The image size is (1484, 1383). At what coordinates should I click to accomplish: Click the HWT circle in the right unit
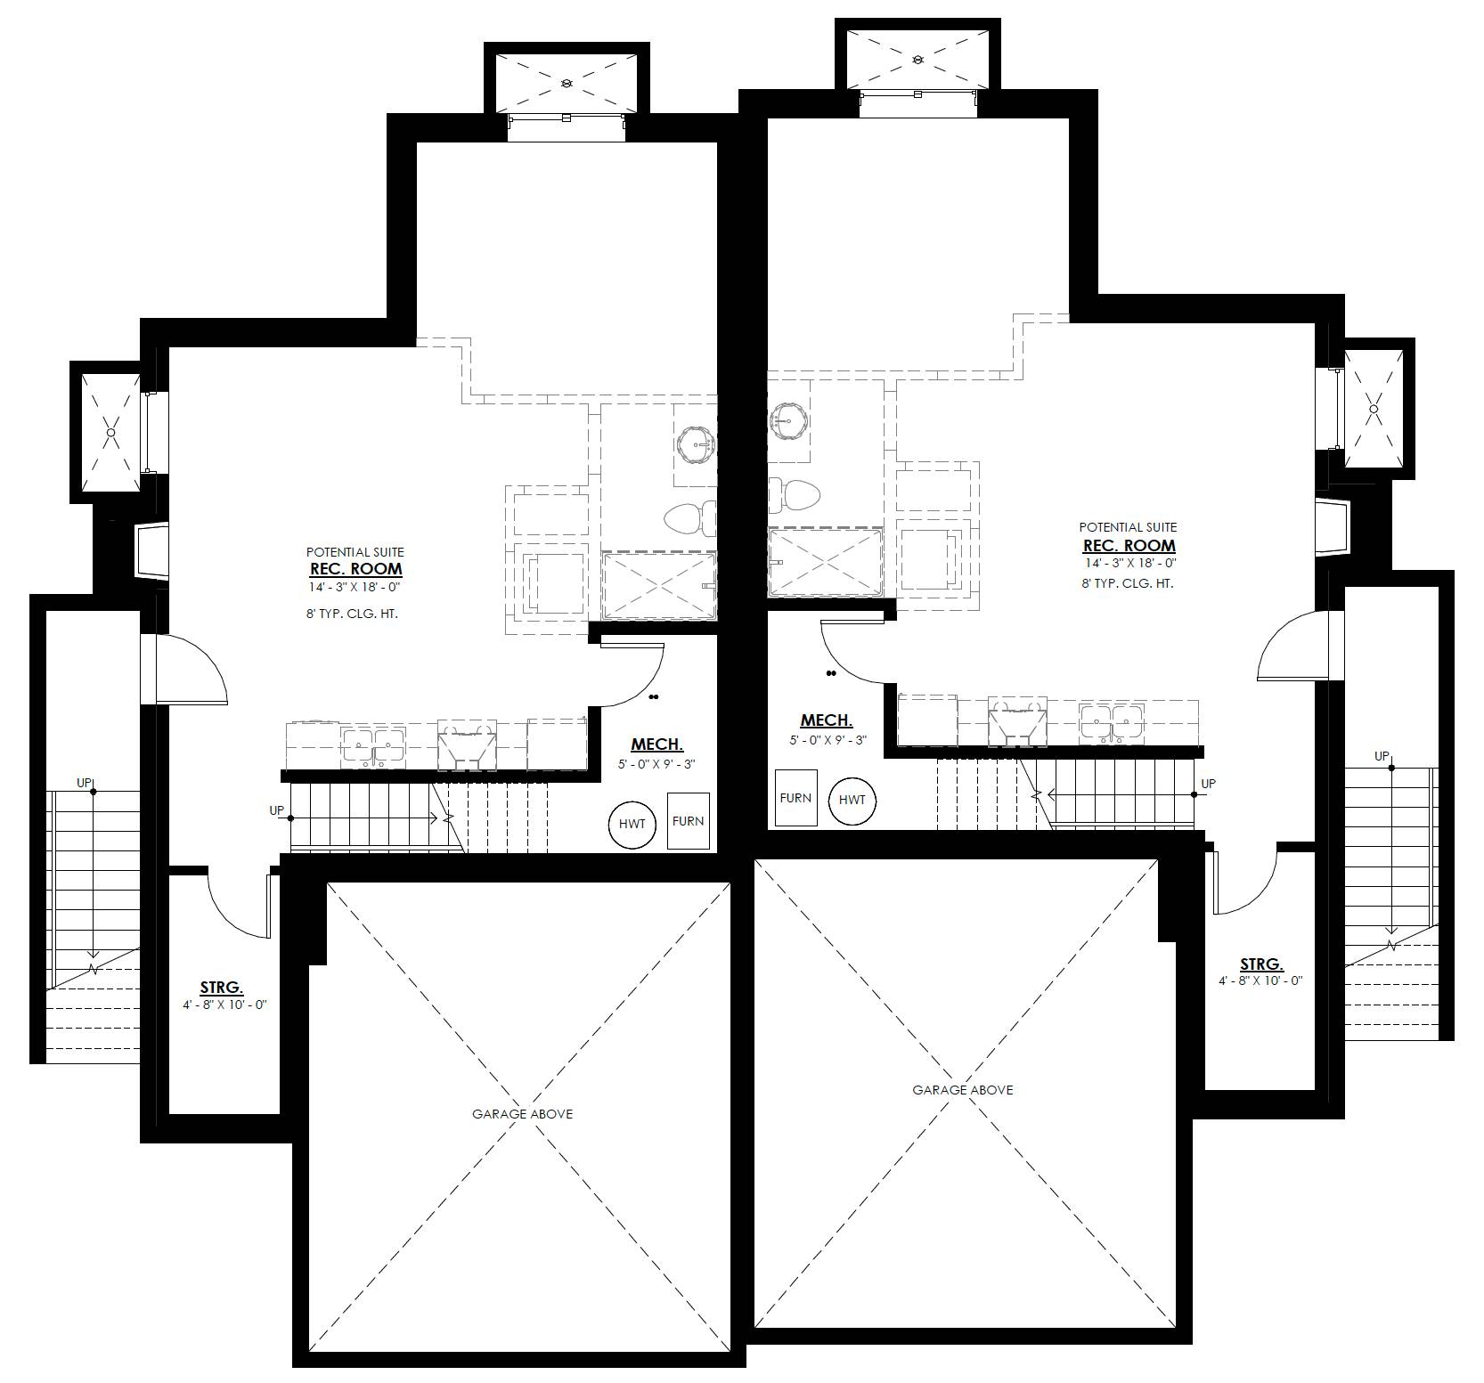pos(852,800)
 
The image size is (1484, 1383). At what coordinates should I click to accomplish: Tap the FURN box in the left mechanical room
pos(689,820)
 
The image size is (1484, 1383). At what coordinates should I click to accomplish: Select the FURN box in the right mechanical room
pos(796,797)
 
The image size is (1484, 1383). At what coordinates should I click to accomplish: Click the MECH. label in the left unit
pos(657,744)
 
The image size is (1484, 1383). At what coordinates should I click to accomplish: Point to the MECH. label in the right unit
pos(827,720)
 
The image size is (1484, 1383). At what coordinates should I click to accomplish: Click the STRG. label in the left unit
pos(222,987)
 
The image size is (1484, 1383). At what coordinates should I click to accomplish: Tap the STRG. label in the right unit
pos(1262,964)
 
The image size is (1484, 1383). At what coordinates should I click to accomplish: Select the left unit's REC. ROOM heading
pos(355,568)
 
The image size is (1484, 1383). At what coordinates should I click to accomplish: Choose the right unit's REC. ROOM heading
pos(1129,545)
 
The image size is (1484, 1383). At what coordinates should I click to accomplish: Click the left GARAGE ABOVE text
pos(523,1113)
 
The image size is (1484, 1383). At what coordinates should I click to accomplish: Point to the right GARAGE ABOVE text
pos(963,1089)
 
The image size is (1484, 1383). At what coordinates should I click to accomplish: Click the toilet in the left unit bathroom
pos(690,518)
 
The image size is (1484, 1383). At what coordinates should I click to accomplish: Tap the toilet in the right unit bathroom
pos(793,495)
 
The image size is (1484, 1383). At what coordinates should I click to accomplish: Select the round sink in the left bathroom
pos(696,444)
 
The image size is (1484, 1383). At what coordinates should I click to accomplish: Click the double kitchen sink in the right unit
pos(1111,722)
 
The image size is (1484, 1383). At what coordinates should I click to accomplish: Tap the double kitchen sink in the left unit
pos(372,746)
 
